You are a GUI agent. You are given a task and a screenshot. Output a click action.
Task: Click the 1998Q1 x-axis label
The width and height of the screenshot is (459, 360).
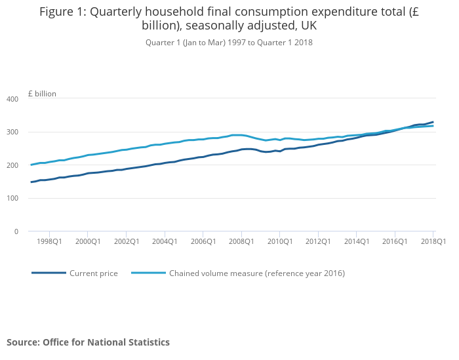(x=50, y=241)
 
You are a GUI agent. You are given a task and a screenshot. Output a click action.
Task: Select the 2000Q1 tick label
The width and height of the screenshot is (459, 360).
(x=88, y=241)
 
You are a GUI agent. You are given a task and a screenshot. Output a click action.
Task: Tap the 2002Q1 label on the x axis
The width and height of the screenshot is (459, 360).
(x=127, y=241)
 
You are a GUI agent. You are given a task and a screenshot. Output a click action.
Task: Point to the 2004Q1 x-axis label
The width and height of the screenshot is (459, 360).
(x=165, y=241)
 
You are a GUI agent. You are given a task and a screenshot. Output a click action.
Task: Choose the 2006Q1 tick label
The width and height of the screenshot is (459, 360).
(x=203, y=241)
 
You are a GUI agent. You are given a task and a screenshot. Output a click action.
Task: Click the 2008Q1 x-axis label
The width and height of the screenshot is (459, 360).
(x=241, y=241)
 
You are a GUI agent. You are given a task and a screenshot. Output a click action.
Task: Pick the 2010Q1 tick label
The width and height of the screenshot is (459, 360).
(x=280, y=241)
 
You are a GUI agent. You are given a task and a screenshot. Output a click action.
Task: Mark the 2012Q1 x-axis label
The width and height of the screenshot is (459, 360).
(x=318, y=241)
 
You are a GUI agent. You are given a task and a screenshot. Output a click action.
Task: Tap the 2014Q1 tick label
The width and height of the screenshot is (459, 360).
(x=356, y=241)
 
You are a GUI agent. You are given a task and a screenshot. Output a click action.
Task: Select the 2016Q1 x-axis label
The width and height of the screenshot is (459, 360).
(x=395, y=241)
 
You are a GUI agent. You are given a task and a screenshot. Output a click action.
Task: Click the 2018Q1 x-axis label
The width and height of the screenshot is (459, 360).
(x=433, y=241)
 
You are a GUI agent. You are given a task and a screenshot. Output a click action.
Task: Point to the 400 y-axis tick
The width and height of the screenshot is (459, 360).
(x=12, y=99)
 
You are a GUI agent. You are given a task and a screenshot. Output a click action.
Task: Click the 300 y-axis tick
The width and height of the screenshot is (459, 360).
(x=12, y=132)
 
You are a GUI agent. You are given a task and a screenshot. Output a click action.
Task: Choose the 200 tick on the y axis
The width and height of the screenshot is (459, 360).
(x=12, y=165)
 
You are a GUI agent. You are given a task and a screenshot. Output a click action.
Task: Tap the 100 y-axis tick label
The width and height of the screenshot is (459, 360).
(x=12, y=199)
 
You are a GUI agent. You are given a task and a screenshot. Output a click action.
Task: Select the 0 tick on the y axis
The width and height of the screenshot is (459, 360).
(x=16, y=231)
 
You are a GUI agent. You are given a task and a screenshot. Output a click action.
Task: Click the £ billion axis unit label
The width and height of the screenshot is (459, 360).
(x=42, y=94)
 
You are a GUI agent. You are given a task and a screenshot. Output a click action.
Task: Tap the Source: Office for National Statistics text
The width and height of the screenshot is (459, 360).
(x=88, y=342)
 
